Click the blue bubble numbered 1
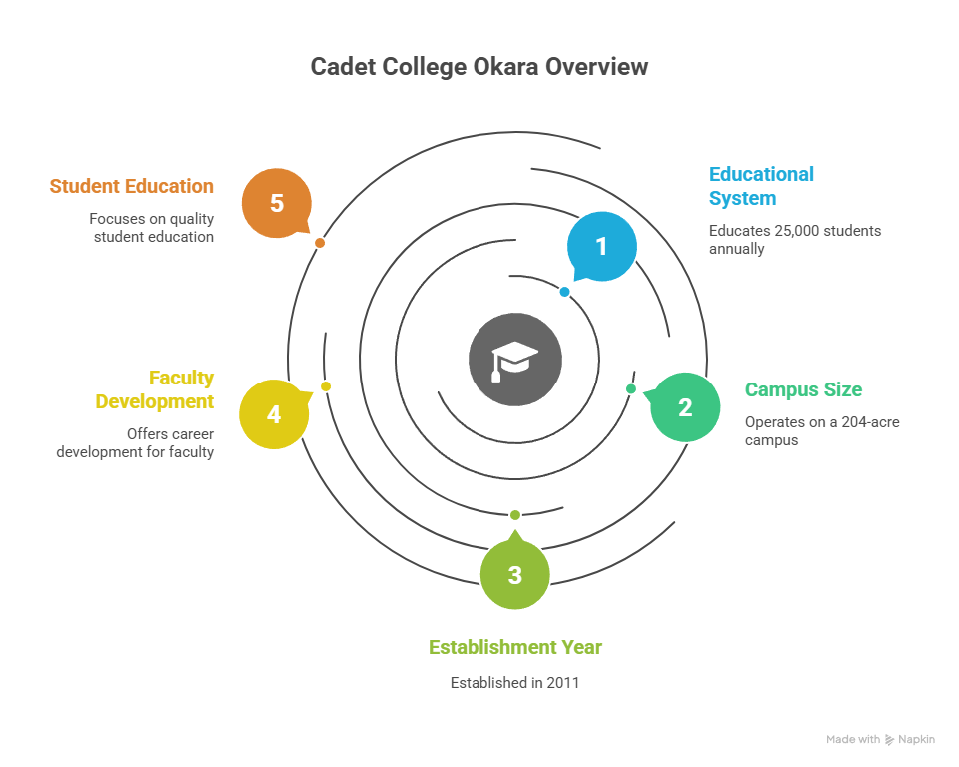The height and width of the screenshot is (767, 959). click(601, 246)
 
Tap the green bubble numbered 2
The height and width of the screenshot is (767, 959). click(685, 407)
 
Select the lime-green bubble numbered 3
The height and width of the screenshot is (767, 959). click(515, 573)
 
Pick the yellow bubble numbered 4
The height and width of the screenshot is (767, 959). click(274, 414)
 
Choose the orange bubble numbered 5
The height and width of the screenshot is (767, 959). click(277, 203)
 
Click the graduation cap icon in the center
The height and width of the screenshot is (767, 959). click(515, 361)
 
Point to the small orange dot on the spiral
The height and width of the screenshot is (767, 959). click(320, 243)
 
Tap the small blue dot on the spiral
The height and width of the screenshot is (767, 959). click(565, 292)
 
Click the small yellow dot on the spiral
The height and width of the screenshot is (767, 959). click(326, 386)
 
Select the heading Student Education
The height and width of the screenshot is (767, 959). click(132, 186)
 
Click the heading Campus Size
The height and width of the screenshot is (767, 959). click(803, 389)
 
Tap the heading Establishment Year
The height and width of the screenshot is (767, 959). click(515, 647)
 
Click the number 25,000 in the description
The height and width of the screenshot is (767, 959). click(797, 231)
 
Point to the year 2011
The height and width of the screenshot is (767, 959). click(563, 682)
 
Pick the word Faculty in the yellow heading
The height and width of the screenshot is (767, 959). click(181, 378)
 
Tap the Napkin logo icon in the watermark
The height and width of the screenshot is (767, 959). click(889, 740)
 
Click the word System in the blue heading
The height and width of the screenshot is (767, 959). click(742, 198)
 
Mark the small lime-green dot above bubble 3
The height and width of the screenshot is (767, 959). click(515, 515)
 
